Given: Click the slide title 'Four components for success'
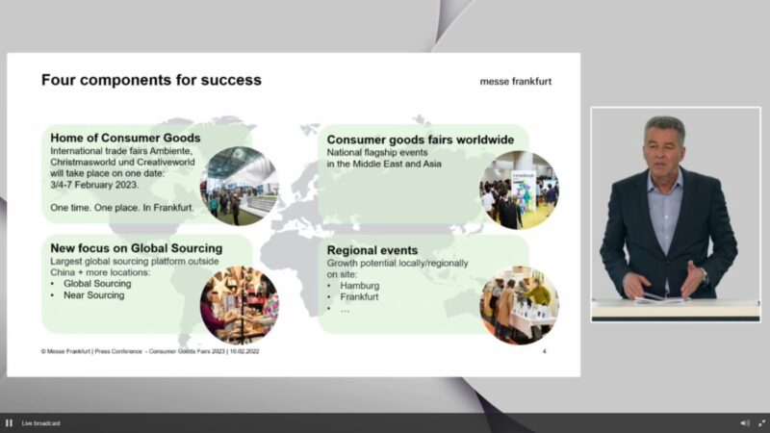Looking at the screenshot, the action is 151,80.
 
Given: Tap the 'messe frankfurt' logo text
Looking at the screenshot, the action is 516,82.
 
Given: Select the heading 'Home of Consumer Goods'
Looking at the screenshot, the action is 125,138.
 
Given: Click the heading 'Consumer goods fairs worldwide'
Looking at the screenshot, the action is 421,140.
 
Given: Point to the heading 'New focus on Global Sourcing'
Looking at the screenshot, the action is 137,248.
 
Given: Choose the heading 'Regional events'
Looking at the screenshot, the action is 372,250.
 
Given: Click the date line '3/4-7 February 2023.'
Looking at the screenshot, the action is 94,185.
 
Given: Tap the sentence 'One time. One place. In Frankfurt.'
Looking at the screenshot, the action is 122,208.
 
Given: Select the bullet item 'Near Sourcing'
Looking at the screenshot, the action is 93,295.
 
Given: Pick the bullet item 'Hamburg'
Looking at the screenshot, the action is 359,286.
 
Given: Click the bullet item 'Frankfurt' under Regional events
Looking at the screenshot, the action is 359,297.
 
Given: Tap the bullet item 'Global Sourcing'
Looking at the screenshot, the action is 97,284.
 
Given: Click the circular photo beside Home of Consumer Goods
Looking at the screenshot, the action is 239,186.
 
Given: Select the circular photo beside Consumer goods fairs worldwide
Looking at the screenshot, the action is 519,190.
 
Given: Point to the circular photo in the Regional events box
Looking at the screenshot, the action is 519,305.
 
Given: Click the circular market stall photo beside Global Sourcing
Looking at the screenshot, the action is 239,305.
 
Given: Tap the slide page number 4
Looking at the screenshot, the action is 544,351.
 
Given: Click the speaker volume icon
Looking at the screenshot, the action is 745,423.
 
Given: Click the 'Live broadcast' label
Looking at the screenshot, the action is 40,423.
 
